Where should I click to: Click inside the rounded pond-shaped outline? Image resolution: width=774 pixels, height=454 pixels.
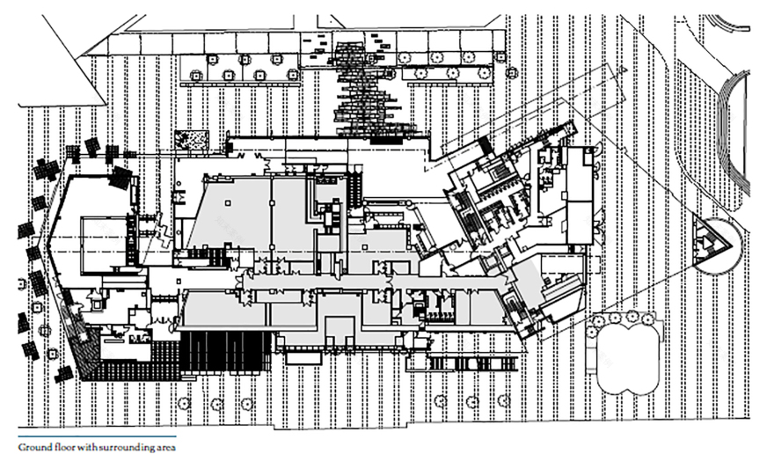625,355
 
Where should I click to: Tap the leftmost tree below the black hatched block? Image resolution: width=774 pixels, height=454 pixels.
184,403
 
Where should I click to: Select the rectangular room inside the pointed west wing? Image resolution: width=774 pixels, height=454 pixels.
103,242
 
